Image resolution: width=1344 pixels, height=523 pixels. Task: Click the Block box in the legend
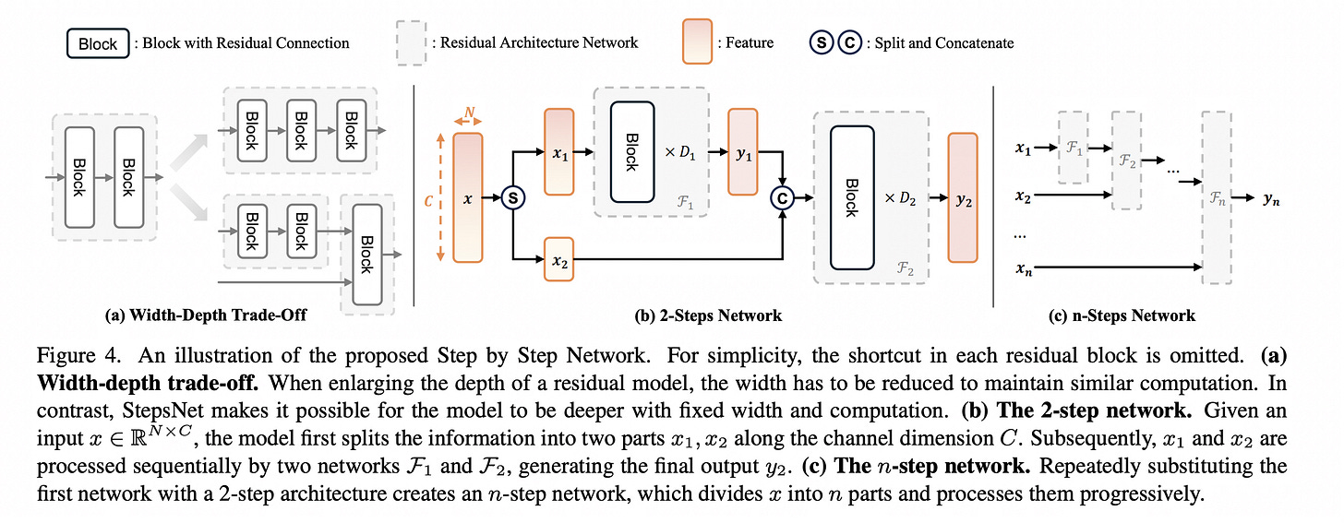pos(98,42)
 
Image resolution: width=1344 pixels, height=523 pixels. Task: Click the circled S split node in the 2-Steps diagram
pos(512,198)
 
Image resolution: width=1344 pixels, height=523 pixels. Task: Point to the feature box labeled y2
pos(962,197)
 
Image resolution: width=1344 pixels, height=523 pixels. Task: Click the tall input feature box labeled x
pos(469,196)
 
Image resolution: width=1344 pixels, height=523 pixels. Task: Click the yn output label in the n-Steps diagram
pos(1272,197)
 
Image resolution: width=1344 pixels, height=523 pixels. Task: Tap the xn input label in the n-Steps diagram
pos(1023,268)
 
